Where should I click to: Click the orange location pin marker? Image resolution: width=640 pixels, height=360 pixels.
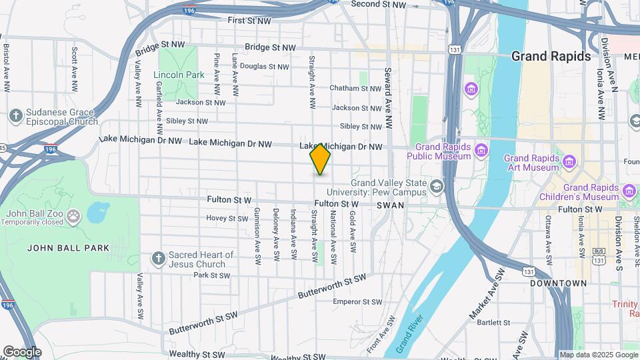click(x=320, y=159)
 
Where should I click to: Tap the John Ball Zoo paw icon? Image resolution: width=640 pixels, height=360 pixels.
click(x=73, y=216)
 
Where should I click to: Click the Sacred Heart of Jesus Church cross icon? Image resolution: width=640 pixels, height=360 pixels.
click(x=157, y=257)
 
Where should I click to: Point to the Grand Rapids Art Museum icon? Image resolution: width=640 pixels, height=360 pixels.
click(x=569, y=162)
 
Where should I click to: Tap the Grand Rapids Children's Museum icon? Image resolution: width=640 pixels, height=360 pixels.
click(x=629, y=192)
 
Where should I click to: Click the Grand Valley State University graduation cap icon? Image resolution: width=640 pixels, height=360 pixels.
click(x=437, y=185)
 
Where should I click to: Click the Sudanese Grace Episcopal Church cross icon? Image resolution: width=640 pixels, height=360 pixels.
click(x=15, y=116)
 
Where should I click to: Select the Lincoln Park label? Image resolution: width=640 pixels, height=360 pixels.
click(x=179, y=75)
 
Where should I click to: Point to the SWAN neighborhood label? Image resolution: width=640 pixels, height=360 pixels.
click(x=390, y=206)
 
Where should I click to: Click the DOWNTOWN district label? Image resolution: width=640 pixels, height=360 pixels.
click(x=559, y=283)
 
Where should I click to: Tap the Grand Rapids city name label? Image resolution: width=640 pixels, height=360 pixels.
click(x=551, y=57)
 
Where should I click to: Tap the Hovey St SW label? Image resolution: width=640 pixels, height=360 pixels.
click(x=227, y=218)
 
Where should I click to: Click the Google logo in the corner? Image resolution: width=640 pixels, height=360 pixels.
click(x=22, y=351)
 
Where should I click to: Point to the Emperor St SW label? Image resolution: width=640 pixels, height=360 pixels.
click(x=357, y=302)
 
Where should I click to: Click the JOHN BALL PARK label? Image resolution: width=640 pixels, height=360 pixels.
click(x=68, y=248)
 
